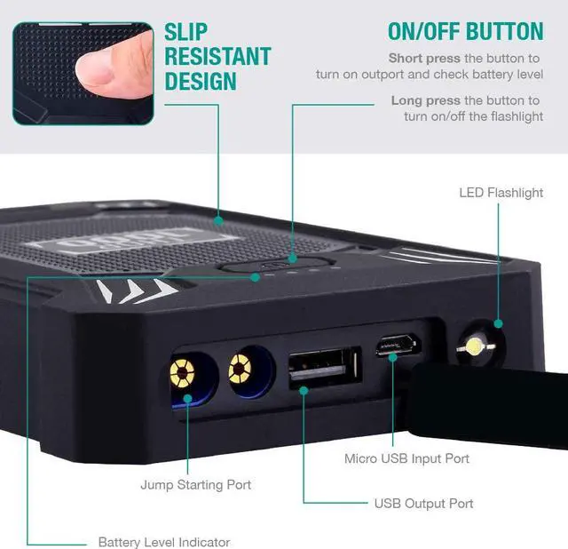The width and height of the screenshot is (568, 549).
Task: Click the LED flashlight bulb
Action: click(x=475, y=346)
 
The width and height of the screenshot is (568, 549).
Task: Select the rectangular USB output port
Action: click(x=325, y=367)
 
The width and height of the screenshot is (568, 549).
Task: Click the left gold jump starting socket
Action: click(x=182, y=372)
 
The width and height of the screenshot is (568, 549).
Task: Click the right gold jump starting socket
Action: click(x=240, y=369)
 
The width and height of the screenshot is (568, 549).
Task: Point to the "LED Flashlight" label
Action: click(x=501, y=193)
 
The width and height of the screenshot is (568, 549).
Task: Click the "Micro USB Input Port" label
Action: click(x=406, y=458)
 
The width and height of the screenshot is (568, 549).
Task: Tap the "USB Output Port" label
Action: click(x=424, y=504)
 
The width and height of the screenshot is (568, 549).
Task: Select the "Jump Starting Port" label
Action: click(x=195, y=484)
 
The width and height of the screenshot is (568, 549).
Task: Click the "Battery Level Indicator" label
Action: click(x=164, y=542)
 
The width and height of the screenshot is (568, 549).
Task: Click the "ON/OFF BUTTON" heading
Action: click(x=465, y=31)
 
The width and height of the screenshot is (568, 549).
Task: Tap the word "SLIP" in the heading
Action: click(x=185, y=32)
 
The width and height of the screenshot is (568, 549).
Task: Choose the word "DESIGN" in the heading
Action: click(x=201, y=81)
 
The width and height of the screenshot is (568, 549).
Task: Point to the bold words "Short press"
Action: click(x=424, y=58)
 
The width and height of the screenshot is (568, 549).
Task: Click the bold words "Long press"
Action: click(x=426, y=100)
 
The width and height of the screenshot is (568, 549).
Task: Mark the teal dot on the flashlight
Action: click(x=499, y=324)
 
